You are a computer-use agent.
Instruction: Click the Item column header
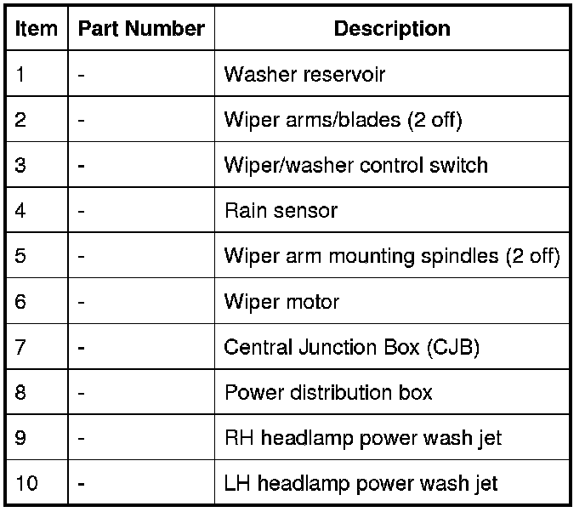pyautogui.click(x=37, y=29)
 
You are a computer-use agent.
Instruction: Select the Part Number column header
pyautogui.click(x=141, y=29)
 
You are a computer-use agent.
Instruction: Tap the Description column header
pyautogui.click(x=392, y=29)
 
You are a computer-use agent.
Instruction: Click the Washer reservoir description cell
pyautogui.click(x=304, y=75)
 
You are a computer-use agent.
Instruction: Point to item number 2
pyautogui.click(x=21, y=121)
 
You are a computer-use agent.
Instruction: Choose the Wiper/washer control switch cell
pyautogui.click(x=355, y=165)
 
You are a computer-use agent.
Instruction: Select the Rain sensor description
pyautogui.click(x=281, y=211)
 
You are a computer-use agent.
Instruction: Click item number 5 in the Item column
pyautogui.click(x=21, y=256)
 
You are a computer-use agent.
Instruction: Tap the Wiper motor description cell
pyautogui.click(x=281, y=302)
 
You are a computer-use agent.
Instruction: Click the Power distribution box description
pyautogui.click(x=328, y=393)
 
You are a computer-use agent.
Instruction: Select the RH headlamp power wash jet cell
pyautogui.click(x=362, y=439)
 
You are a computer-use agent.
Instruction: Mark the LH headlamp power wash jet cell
pyautogui.click(x=361, y=484)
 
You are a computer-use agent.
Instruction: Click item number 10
pyautogui.click(x=26, y=484)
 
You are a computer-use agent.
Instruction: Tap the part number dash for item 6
pyautogui.click(x=81, y=303)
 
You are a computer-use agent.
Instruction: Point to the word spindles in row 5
pyautogui.click(x=463, y=257)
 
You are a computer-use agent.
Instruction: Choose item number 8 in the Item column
pyautogui.click(x=21, y=393)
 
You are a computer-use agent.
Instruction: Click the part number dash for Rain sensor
pyautogui.click(x=81, y=212)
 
